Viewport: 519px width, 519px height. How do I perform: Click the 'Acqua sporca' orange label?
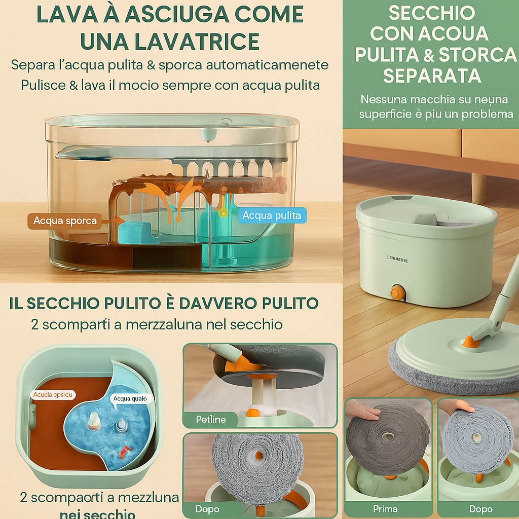click(x=64, y=221)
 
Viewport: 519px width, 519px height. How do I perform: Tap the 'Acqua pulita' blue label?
click(x=272, y=215)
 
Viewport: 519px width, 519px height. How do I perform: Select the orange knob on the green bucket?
click(x=397, y=292)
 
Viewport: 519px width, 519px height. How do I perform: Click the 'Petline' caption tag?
click(x=210, y=420)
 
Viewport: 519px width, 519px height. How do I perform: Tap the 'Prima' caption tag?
click(x=385, y=508)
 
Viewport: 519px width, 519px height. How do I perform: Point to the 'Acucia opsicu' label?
click(x=53, y=394)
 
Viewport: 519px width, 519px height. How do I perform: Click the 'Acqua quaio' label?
click(x=130, y=398)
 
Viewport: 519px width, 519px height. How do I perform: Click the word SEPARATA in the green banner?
click(x=432, y=76)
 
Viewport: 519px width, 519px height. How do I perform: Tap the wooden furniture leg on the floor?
click(x=478, y=188)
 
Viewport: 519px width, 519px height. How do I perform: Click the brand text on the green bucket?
click(x=397, y=259)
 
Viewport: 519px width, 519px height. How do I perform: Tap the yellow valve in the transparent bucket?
click(x=223, y=213)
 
